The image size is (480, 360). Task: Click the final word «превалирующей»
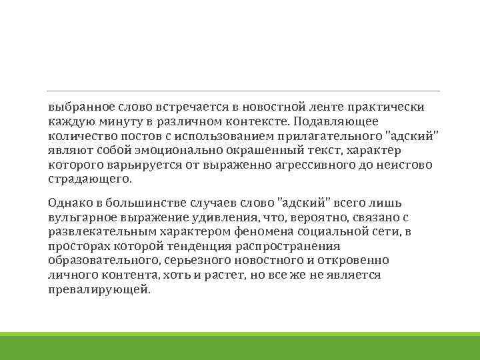coord(99,290)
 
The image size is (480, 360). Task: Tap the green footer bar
coord(240,346)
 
